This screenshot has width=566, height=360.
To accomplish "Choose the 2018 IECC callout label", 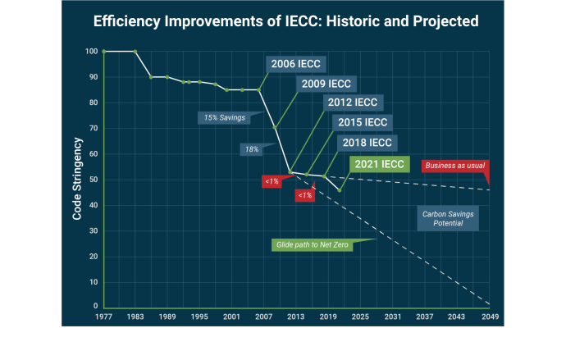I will [367, 143].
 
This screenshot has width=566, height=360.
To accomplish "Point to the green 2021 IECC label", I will [378, 164].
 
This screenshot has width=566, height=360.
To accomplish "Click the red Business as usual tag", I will [455, 166].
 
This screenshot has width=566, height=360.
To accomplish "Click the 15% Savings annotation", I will [225, 117].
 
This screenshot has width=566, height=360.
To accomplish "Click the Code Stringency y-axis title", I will [77, 179].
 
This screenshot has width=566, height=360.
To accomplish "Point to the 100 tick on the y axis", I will [90, 52].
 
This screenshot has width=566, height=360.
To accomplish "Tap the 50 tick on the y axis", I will [92, 180].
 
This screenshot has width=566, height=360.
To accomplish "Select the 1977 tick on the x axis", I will [104, 316].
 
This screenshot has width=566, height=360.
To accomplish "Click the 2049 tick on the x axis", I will [488, 316].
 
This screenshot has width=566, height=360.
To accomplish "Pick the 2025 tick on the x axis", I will [360, 316].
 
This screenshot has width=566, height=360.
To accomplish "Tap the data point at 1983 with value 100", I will [135, 52].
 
